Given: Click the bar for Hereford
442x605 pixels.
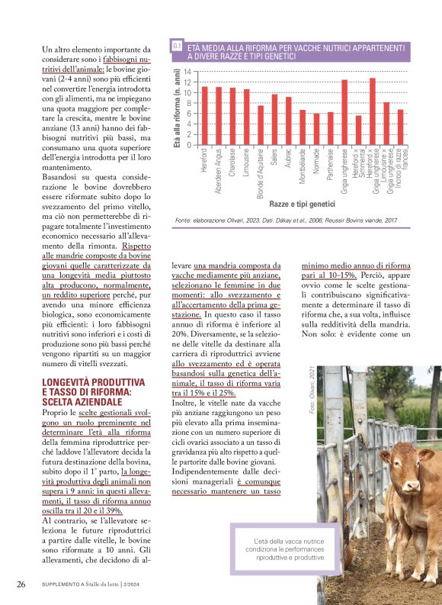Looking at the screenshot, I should (204, 116).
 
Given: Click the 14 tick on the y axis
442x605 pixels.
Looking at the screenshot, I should (187, 72).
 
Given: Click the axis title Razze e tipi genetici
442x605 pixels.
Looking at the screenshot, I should (302, 204).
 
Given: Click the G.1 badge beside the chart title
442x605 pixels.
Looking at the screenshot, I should (177, 47).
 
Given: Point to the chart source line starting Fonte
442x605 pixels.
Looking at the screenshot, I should (286, 220).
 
